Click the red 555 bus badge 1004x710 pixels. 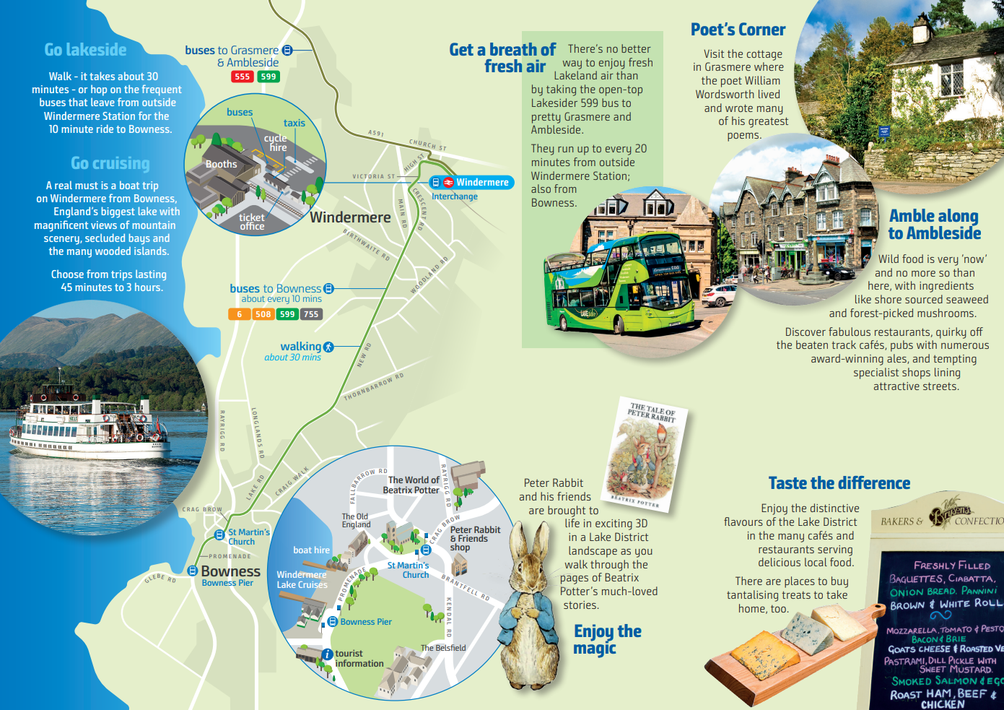tap(242, 77)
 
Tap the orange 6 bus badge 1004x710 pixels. tap(239, 314)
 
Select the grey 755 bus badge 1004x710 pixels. tap(311, 314)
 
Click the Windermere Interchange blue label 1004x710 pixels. tap(472, 183)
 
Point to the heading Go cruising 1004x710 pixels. tap(110, 163)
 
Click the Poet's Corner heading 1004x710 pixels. tap(738, 30)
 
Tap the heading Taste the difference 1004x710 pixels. tap(839, 483)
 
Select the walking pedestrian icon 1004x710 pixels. tap(329, 347)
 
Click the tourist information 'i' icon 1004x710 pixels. tap(328, 654)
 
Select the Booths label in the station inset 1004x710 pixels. tap(221, 164)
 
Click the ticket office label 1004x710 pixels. tap(252, 222)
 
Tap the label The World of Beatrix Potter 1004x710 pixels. tap(411, 485)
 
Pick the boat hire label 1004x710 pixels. tap(311, 550)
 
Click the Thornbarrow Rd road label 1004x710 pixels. tap(373, 387)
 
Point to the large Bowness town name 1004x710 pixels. tap(230, 571)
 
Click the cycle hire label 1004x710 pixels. tap(276, 142)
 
